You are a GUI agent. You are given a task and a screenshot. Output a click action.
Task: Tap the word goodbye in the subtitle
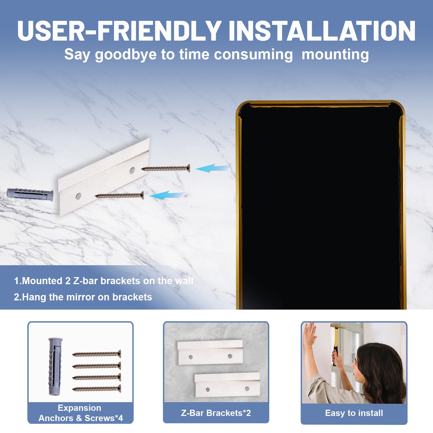tap(126, 55)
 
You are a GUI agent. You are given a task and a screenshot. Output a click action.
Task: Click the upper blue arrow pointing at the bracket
tap(212, 168)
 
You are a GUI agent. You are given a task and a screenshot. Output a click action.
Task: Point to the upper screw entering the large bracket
tap(166, 169)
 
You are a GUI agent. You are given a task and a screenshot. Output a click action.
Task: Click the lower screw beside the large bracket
tap(119, 195)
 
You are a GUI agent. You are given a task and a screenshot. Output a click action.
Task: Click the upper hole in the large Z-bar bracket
tap(132, 170)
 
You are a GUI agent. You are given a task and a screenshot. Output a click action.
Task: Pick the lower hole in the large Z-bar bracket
tap(78, 196)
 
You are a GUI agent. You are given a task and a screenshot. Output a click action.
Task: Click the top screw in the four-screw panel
tap(97, 354)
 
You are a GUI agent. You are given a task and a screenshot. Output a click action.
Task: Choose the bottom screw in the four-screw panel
tap(97, 389)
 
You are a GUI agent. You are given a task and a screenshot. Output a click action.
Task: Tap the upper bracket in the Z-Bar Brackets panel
tap(210, 352)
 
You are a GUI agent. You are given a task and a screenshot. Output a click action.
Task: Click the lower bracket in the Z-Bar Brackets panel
tap(227, 385)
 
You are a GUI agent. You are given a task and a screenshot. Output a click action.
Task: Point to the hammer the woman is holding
tap(336, 341)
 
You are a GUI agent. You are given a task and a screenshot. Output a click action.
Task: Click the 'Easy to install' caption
tap(354, 413)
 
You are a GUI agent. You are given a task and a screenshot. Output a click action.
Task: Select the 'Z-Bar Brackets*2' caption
tap(216, 413)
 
